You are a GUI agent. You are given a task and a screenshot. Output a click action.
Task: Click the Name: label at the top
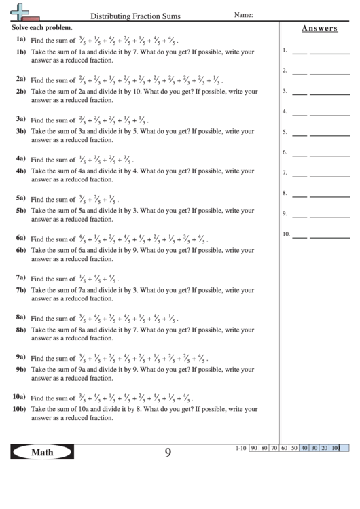(x=244, y=14)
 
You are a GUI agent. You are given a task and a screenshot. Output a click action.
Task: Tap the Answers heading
(x=319, y=29)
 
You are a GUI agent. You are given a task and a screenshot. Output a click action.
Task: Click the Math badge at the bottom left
(x=41, y=452)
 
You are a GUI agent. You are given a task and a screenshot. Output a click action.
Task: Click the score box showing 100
(x=336, y=449)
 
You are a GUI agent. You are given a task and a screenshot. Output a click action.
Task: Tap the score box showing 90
(x=254, y=449)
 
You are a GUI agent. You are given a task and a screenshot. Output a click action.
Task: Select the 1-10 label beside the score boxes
(x=240, y=449)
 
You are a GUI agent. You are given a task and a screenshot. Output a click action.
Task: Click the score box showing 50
(x=295, y=449)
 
